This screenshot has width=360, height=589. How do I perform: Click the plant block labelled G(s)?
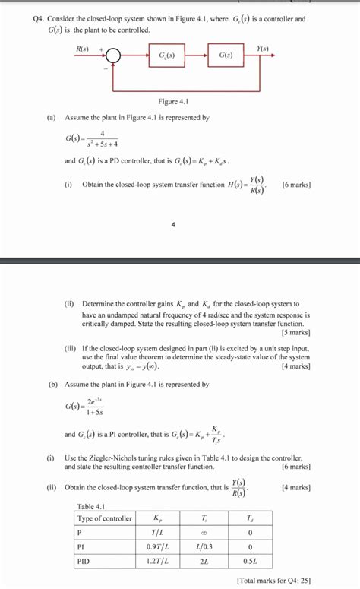226,57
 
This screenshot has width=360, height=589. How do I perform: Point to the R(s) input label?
83,48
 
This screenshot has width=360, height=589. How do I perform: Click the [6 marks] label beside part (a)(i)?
295,185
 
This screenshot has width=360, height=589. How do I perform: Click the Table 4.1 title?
92,506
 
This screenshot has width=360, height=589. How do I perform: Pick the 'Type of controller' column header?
104,518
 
